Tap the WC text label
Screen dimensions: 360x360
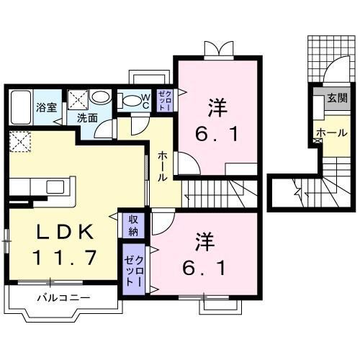pos(144,102)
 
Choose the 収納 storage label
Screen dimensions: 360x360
pos(133,225)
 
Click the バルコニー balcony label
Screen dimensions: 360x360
pos(63,297)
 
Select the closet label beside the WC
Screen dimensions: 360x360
pos(164,99)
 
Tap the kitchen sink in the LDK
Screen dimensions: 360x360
pos(55,186)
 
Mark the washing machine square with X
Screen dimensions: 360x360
pos(78,99)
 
